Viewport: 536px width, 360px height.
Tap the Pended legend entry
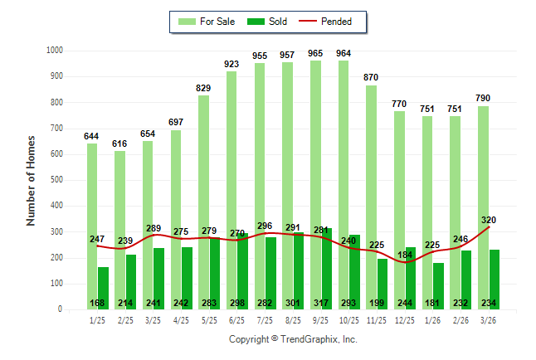pyautogui.click(x=326, y=21)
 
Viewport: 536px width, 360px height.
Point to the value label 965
pyautogui.click(x=315, y=53)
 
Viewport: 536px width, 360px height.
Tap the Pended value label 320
pyautogui.click(x=488, y=220)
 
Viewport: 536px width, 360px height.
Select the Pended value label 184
pyautogui.click(x=405, y=255)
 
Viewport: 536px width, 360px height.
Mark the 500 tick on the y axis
pyautogui.click(x=55, y=180)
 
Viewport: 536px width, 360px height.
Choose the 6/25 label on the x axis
pyautogui.click(x=237, y=320)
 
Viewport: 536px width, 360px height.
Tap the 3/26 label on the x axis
pyautogui.click(x=489, y=320)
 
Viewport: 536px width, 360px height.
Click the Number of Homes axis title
pyautogui.click(x=32, y=180)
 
